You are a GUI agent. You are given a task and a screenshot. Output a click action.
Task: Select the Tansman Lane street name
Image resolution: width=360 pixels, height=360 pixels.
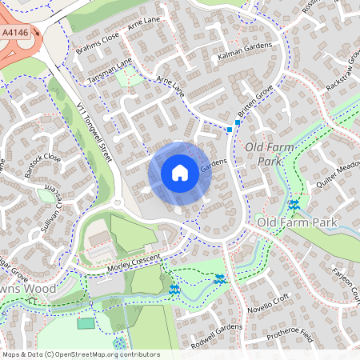coord(110,70)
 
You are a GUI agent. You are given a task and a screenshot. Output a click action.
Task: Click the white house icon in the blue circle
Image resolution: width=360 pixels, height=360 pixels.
coord(180,173)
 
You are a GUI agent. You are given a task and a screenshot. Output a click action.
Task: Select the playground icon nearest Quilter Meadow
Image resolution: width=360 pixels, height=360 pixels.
coord(294,205)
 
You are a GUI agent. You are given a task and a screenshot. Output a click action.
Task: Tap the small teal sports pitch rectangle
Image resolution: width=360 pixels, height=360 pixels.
coord(86,323)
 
